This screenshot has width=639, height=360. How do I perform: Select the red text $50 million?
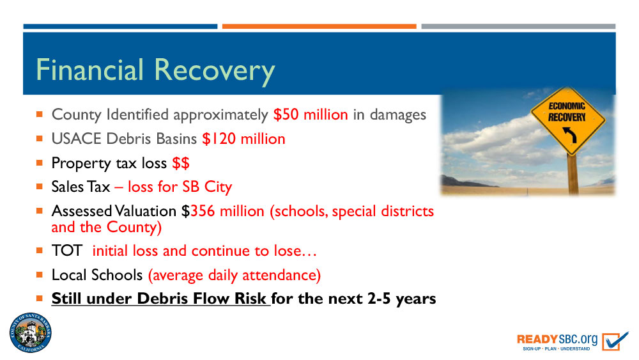tap(311, 114)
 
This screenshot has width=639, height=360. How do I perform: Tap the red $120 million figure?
tap(243, 139)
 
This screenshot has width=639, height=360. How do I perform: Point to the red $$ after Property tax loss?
tap(181, 163)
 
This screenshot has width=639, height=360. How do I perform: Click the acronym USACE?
tap(76, 139)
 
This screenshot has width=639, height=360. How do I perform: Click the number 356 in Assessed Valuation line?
tap(203, 211)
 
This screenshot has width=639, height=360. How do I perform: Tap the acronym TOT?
tap(67, 251)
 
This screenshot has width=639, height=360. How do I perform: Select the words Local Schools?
tap(97, 275)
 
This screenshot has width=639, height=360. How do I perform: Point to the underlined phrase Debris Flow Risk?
tap(201, 299)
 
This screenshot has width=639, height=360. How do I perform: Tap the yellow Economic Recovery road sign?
tap(567, 121)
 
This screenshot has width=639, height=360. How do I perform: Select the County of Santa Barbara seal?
tap(31, 333)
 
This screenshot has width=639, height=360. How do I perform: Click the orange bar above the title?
tap(319, 26)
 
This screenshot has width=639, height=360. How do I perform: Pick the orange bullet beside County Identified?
tap(39, 114)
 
